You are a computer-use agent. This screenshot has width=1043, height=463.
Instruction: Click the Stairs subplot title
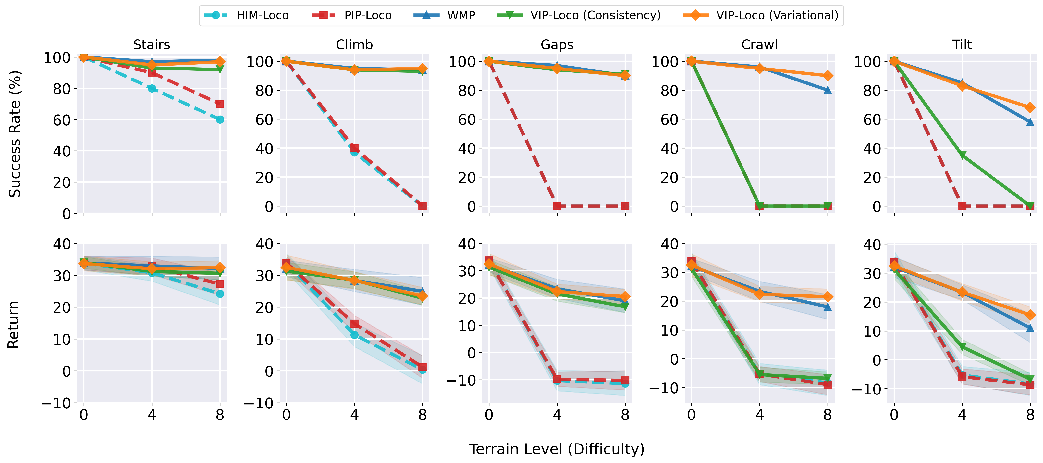(152, 44)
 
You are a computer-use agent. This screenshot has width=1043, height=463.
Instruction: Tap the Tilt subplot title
(962, 44)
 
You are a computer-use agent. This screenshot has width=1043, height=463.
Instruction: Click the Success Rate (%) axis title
(15, 134)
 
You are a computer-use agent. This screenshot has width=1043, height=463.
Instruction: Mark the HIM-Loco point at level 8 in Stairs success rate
(220, 119)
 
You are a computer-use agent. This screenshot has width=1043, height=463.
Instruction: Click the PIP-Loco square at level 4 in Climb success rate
(354, 148)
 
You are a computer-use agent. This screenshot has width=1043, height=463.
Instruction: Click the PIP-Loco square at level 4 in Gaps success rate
(557, 206)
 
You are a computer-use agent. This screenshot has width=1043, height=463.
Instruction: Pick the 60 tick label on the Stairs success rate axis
(62, 120)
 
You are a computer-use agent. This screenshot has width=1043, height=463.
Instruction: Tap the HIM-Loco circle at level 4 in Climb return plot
(354, 335)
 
